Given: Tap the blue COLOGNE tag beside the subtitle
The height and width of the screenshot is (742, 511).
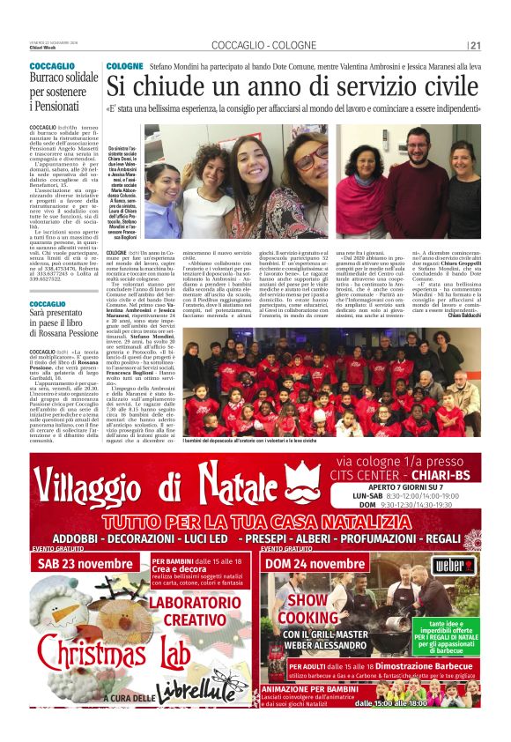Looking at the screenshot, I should (124, 67).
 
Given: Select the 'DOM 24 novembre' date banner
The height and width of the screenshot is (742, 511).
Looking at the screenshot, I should (315, 564).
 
